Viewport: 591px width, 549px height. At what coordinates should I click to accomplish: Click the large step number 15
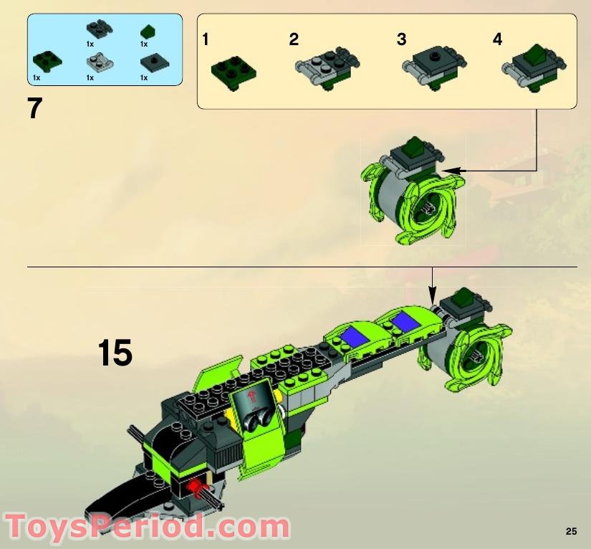tap(115, 353)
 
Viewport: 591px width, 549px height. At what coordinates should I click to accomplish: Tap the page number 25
tap(570, 531)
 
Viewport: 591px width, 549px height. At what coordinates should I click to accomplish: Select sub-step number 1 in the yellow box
tap(206, 39)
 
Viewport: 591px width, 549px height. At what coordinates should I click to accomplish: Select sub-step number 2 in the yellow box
tap(294, 39)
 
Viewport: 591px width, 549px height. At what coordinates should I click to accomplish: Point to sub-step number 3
tap(401, 39)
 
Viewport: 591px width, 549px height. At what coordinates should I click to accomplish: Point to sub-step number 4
tap(497, 39)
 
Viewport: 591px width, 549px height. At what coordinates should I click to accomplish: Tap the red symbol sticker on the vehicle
tap(251, 395)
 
